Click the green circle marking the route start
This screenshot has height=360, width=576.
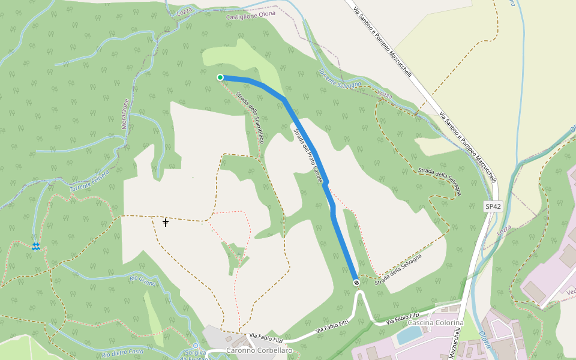click(x=220, y=77)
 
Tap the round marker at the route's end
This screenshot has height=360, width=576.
click(x=356, y=282)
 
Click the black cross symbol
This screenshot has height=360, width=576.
click(x=166, y=223)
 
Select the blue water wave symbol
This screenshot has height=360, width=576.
click(x=36, y=247)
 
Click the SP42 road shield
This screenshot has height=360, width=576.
click(x=493, y=206)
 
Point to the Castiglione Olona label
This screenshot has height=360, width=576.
click(x=250, y=17)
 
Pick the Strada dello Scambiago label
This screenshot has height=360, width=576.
click(x=250, y=117)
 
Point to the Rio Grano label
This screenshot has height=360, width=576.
click(x=143, y=280)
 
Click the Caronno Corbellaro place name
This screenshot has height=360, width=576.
click(x=259, y=350)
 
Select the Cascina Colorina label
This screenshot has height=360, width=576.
click(x=436, y=323)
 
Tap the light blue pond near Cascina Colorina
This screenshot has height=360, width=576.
click(x=409, y=336)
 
